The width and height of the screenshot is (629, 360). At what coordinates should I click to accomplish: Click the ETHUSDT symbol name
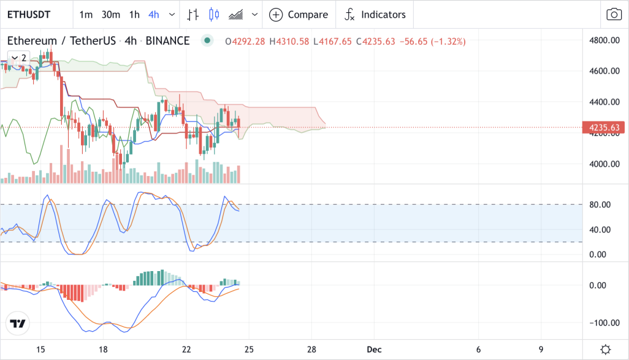29,15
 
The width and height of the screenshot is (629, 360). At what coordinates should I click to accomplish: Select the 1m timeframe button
86,15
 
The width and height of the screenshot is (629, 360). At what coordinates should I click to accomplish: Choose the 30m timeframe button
111,15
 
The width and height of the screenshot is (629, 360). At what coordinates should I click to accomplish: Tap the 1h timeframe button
134,15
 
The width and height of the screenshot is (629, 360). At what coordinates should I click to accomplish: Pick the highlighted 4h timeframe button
154,15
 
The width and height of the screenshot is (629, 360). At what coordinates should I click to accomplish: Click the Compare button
299,15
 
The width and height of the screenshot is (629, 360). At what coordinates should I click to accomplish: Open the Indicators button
375,15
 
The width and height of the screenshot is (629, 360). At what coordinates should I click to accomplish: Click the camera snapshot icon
614,15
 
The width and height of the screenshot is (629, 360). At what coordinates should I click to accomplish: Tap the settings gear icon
606,350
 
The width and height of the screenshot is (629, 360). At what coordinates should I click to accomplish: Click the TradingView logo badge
18,323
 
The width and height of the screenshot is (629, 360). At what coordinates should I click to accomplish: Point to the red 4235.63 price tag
603,128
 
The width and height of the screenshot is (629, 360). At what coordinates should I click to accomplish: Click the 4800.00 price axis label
604,40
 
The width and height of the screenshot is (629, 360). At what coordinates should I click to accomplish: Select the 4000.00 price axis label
604,164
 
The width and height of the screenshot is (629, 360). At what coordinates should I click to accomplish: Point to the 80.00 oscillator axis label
600,205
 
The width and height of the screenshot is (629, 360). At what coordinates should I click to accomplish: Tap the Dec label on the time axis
374,350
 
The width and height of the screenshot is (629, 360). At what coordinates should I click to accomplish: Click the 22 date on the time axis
186,350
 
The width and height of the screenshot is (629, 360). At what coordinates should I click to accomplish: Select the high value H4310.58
289,41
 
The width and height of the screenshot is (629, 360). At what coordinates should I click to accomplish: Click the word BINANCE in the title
168,41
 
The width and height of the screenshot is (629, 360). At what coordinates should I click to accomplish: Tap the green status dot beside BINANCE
207,40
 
